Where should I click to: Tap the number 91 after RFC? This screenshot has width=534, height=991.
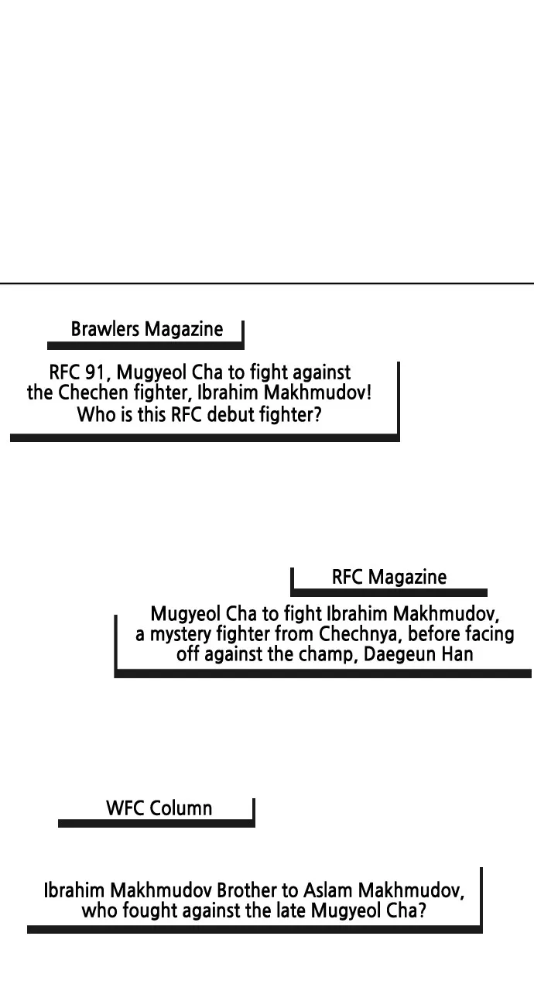(95, 372)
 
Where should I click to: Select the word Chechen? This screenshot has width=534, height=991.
(93, 393)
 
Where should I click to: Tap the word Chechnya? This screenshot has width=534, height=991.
(358, 634)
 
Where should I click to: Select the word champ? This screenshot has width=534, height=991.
(327, 654)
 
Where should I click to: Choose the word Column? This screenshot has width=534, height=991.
(180, 808)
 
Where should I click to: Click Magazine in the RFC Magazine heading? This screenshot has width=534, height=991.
(407, 577)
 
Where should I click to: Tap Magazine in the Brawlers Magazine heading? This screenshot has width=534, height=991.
(184, 330)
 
